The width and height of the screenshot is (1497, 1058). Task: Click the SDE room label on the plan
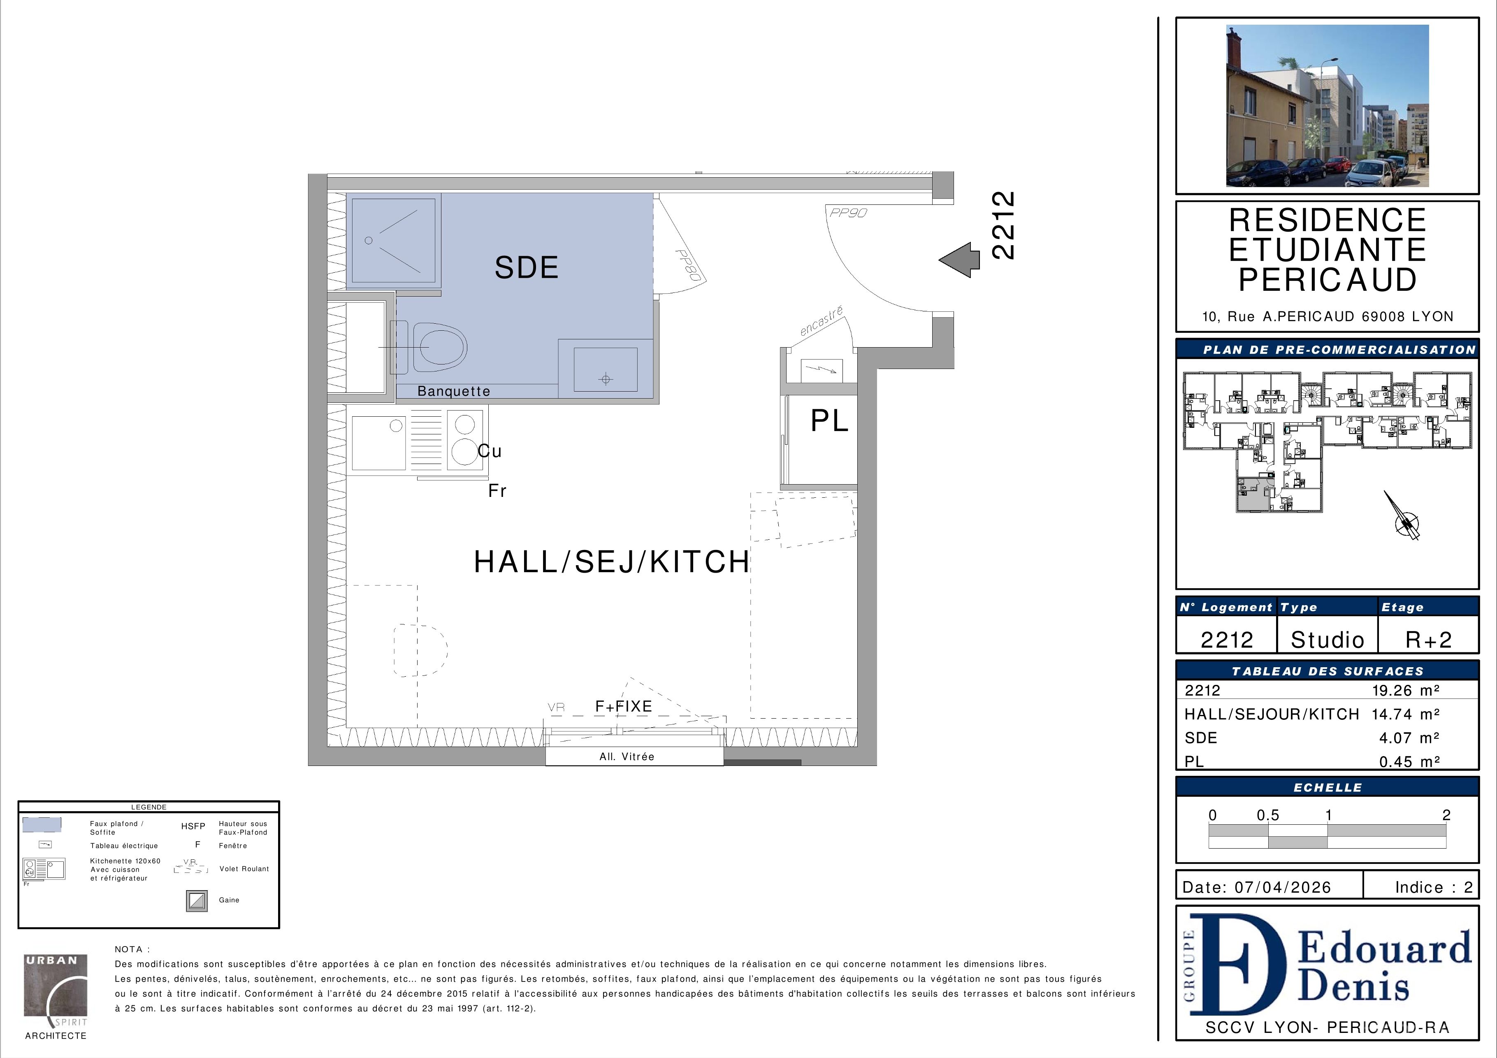pos(526,268)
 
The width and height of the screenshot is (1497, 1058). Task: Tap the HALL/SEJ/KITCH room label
pos(612,562)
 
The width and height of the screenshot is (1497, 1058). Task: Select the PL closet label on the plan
pos(829,421)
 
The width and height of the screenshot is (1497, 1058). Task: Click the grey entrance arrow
pos(959,260)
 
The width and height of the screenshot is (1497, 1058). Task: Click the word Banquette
pos(454,391)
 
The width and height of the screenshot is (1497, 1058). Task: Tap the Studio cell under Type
pos(1328,640)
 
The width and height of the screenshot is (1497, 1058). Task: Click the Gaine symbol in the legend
pos(197,901)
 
